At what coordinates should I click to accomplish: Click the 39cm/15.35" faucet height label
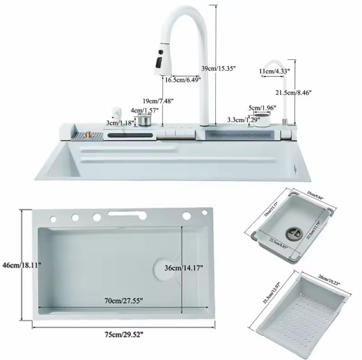point(218,69)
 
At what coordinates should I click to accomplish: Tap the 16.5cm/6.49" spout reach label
point(183,80)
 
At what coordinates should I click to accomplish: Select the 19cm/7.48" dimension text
point(158,101)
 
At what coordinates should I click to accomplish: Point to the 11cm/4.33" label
point(275,71)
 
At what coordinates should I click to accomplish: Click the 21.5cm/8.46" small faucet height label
point(293,92)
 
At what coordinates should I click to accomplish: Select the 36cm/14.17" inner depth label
point(184,268)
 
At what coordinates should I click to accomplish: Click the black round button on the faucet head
point(160,51)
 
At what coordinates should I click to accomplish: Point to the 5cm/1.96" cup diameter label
point(262,108)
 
